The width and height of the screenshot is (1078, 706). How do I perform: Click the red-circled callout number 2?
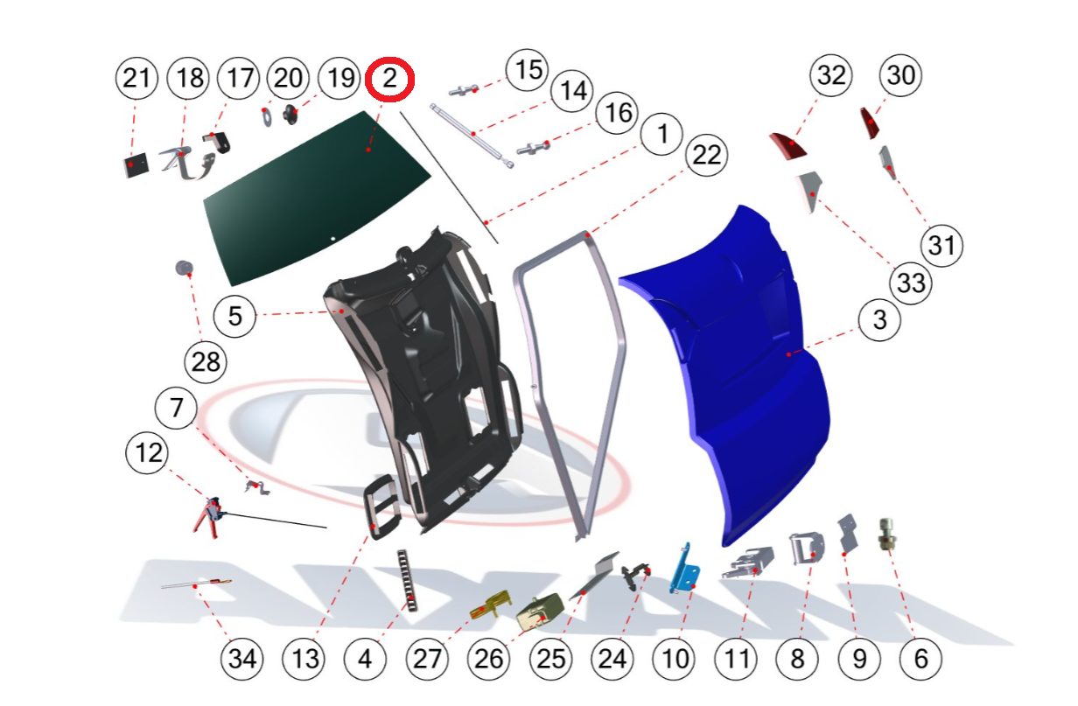point(389,79)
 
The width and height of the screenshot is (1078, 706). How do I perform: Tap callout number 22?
point(706,155)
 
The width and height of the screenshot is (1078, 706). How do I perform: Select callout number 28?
point(206,362)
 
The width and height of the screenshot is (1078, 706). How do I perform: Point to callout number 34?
point(242,659)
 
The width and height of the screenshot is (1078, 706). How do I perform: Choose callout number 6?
point(920,659)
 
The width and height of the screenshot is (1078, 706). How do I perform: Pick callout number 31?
point(941,246)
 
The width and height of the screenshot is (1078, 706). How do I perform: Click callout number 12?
point(147,453)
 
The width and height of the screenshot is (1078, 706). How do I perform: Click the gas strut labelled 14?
point(472,136)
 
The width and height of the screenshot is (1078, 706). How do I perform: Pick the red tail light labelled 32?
point(788,146)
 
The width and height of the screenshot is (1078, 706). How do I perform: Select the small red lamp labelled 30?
point(870,122)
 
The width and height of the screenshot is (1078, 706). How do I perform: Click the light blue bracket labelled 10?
point(685,570)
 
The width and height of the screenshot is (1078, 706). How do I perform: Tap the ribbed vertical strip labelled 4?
point(407,580)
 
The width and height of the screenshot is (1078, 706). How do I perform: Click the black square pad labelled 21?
point(136,165)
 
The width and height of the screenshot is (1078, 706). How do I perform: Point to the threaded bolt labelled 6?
point(886,535)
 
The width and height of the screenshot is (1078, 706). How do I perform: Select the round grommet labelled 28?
point(185,268)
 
